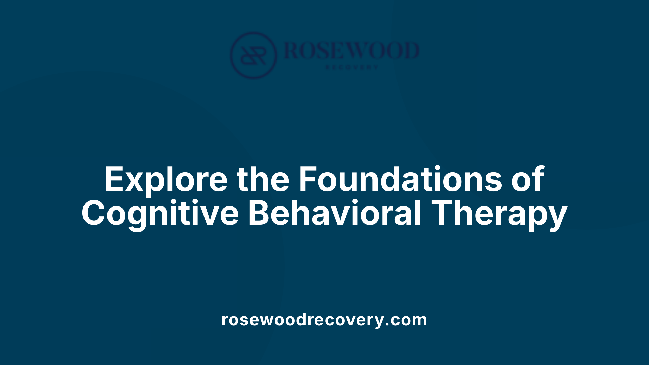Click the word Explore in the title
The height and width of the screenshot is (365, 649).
pos(166,179)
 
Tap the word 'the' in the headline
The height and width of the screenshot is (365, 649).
pos(263,179)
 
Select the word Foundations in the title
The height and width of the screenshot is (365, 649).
pos(400,179)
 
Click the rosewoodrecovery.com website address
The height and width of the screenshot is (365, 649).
pos(324,320)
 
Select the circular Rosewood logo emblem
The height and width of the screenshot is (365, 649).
pos(253,55)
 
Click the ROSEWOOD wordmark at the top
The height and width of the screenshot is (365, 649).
pos(352,51)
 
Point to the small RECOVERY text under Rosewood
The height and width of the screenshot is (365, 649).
pos(352,67)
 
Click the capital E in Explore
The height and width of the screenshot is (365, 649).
pos(114,179)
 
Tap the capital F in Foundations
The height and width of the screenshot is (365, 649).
pos(309,179)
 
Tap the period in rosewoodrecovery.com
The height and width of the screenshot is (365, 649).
pos(387,325)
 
